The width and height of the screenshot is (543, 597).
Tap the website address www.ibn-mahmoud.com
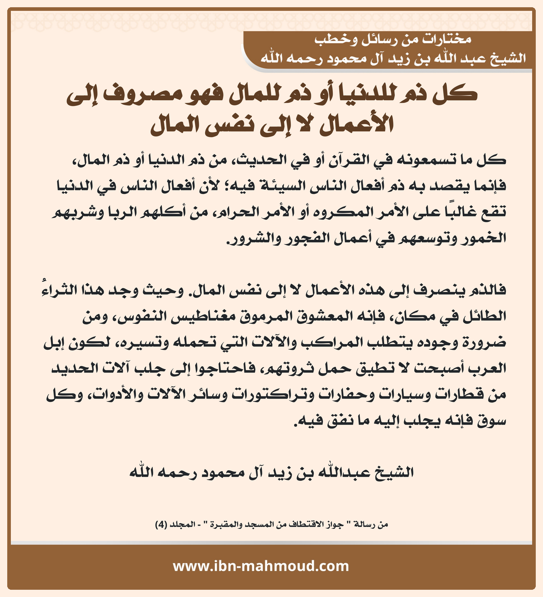tap(261, 566)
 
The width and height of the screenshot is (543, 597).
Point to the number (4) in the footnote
tap(161, 525)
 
